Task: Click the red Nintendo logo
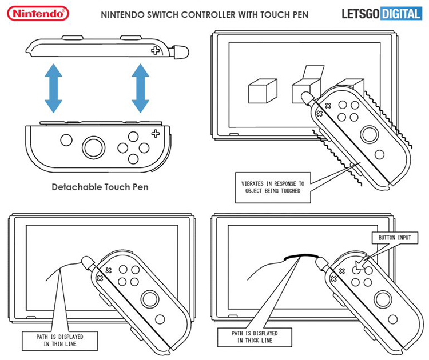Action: coord(38,13)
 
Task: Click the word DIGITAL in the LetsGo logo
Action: coord(400,14)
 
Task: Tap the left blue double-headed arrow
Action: coord(53,88)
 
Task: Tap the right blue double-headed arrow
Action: coord(140,88)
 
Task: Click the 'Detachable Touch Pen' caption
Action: coord(100,187)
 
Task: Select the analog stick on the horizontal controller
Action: coord(93,147)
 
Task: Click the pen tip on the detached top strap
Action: coord(182,51)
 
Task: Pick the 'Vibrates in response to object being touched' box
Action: coord(273,187)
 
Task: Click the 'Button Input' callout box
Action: coord(395,238)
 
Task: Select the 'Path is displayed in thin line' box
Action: coord(59,341)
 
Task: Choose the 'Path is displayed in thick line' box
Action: coord(255,337)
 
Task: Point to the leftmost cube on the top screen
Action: coord(263,91)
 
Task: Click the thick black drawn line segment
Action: coord(301,256)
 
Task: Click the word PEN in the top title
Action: coord(299,14)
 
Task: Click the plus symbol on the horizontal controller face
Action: coord(156,133)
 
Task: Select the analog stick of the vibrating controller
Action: coord(370,134)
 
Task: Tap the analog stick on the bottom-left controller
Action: coord(150,299)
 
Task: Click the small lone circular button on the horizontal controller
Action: coord(66,140)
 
